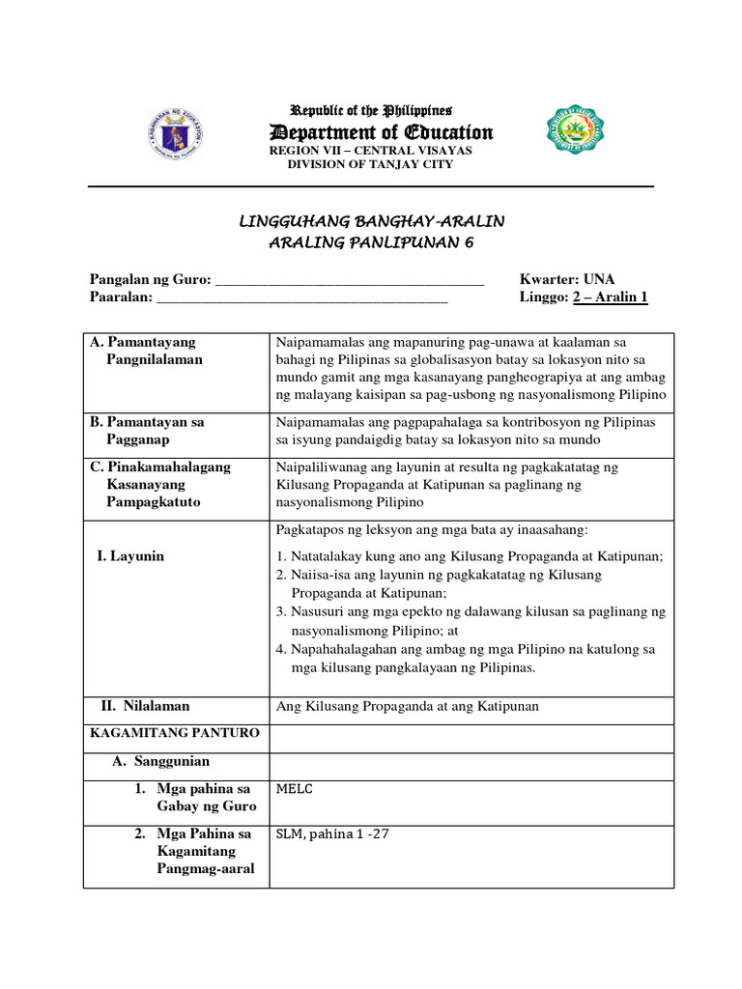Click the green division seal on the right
pyautogui.click(x=579, y=132)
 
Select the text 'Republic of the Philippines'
pyautogui.click(x=372, y=111)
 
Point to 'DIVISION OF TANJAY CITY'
pyautogui.click(x=370, y=164)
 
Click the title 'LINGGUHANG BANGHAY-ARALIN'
pyautogui.click(x=371, y=222)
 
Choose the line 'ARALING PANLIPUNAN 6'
pyautogui.click(x=371, y=242)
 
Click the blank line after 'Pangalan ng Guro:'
pyautogui.click(x=349, y=280)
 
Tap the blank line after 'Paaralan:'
pyautogui.click(x=301, y=297)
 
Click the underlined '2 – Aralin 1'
pyautogui.click(x=611, y=297)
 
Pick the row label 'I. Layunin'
pyautogui.click(x=130, y=556)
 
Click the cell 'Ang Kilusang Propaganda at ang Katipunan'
pyautogui.click(x=408, y=707)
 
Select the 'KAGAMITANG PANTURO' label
pyautogui.click(x=175, y=733)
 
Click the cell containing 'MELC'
pyautogui.click(x=295, y=789)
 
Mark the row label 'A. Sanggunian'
pyautogui.click(x=161, y=761)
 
